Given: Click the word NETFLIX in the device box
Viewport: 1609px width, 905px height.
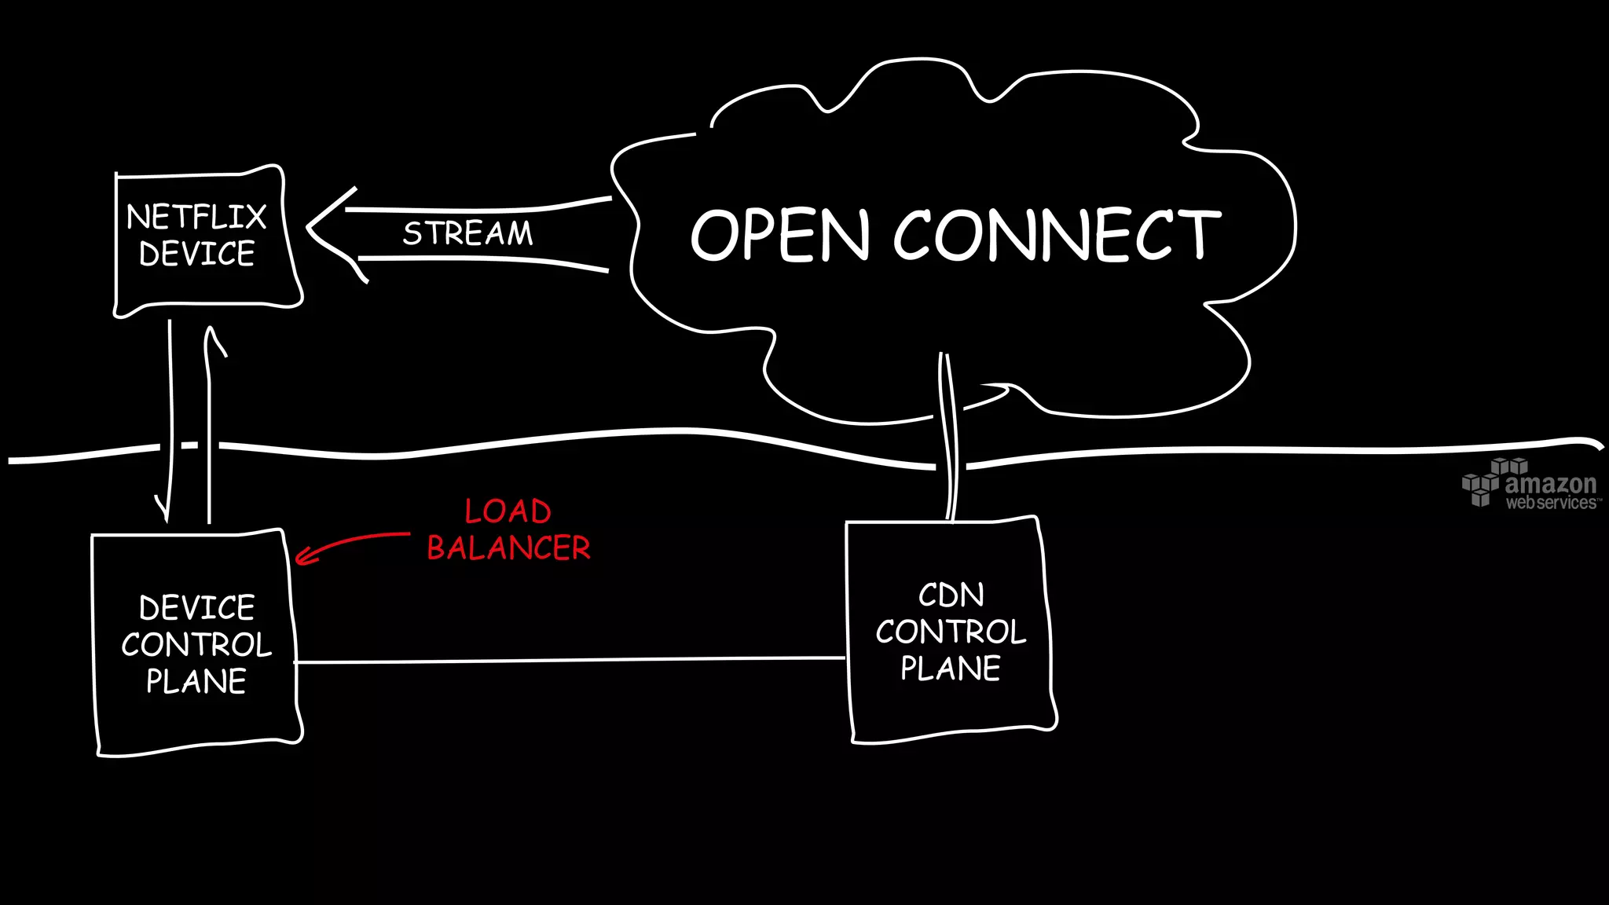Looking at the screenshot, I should click(x=196, y=217).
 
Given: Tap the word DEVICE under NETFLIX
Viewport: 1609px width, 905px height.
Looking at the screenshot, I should click(x=196, y=254).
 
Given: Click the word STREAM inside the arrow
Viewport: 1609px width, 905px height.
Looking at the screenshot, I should click(x=467, y=233).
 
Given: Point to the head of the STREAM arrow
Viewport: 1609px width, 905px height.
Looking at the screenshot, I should click(x=311, y=227).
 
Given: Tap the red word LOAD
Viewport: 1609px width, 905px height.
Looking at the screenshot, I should click(x=508, y=511).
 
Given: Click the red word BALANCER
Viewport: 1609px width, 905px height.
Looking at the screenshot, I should click(x=508, y=548).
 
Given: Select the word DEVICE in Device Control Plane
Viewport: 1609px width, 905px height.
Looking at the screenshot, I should click(x=196, y=608).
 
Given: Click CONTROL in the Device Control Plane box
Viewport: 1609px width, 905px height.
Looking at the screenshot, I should click(x=196, y=645).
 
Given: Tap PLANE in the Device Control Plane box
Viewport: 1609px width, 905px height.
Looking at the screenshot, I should click(x=196, y=681).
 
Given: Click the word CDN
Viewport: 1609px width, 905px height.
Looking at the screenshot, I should click(x=951, y=595).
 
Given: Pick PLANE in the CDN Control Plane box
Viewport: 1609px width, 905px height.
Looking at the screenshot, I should click(x=951, y=669).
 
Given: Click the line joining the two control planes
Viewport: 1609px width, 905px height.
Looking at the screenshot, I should click(x=570, y=661).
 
